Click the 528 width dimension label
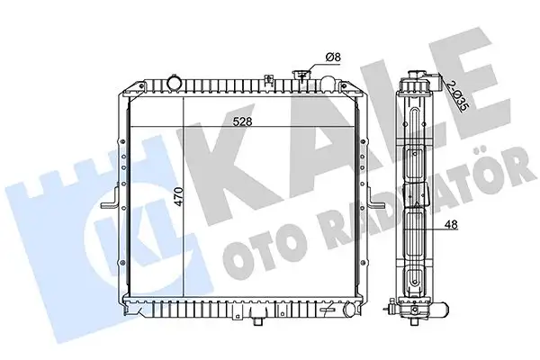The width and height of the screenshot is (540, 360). [243, 121]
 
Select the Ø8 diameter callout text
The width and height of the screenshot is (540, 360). [333, 58]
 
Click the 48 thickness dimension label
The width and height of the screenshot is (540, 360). [451, 225]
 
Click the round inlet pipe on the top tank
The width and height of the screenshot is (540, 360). [174, 83]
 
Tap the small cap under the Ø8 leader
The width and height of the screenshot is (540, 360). [301, 75]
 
